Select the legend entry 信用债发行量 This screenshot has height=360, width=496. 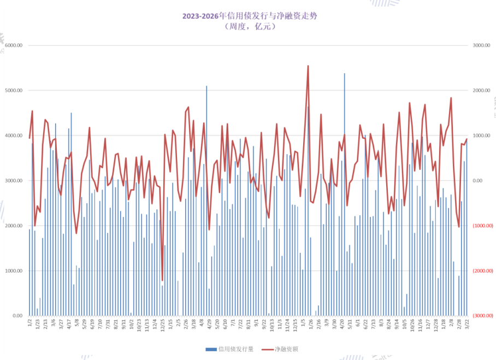229,349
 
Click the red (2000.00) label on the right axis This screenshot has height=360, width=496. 482,271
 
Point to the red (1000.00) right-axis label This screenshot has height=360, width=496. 482,226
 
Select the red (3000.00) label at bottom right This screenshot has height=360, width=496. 482,316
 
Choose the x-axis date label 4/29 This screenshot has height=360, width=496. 211,323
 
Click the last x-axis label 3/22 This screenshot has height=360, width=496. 466,323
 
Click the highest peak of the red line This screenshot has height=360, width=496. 308,66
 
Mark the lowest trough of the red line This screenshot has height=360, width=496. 162,280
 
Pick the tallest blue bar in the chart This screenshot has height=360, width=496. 344,73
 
